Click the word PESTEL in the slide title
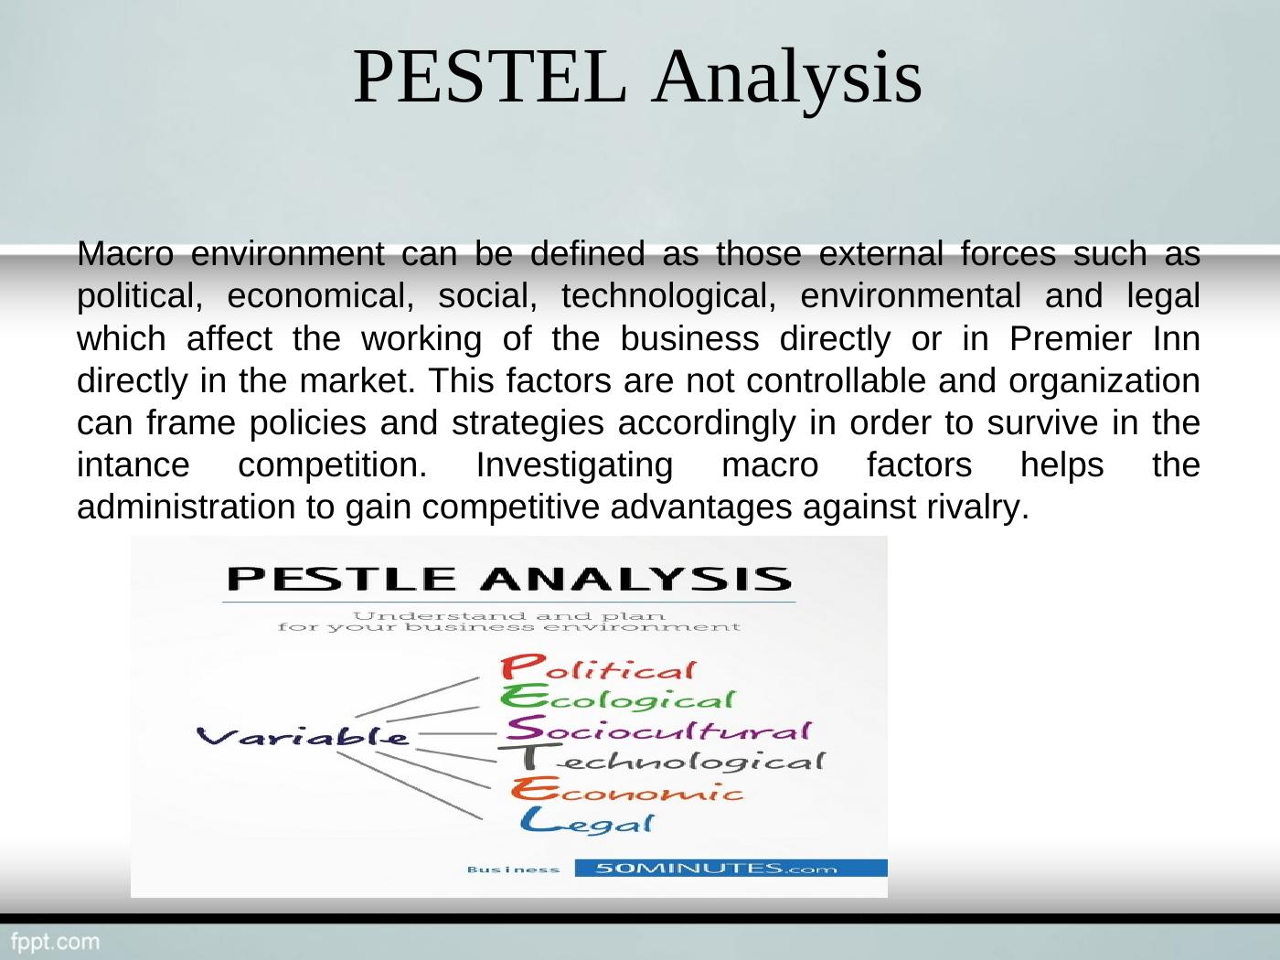[491, 77]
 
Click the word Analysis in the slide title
[786, 81]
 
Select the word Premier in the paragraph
[1071, 338]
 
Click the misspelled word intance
[133, 465]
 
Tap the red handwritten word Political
[598, 668]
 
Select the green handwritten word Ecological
[617, 698]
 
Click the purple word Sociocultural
[658, 728]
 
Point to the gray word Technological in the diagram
[663, 759]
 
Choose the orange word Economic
[627, 789]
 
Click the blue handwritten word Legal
[587, 821]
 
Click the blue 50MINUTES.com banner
[731, 868]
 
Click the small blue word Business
[513, 869]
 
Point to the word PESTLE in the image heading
[341, 579]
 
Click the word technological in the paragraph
[669, 296]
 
